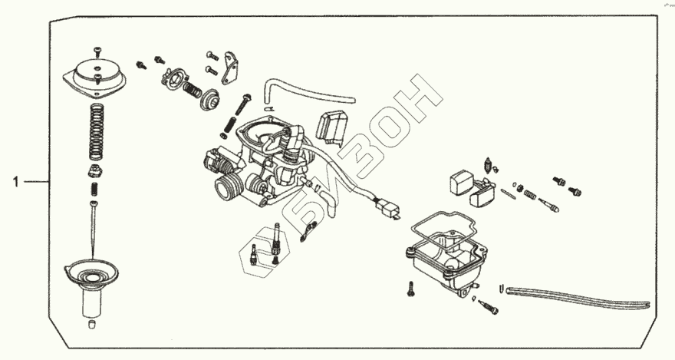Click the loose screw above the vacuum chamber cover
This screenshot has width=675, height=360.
tap(98, 51)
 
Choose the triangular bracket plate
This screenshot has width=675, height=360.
tap(229, 68)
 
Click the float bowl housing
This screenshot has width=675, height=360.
tap(445, 265)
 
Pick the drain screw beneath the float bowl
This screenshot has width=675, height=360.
tap(488, 307)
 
